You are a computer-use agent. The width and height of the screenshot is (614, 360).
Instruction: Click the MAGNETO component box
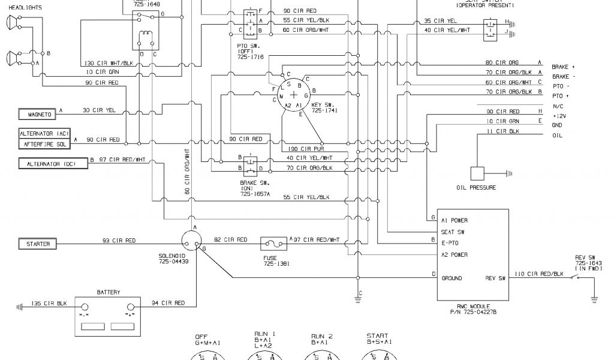(37, 113)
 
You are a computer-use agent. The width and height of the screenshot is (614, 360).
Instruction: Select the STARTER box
(38, 244)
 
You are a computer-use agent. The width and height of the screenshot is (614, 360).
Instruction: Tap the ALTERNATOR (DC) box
(53, 163)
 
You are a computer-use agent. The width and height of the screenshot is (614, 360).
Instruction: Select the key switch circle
(293, 95)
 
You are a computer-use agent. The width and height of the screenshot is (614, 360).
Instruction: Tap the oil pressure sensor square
(478, 174)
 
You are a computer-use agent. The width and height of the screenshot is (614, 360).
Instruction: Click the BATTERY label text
(108, 292)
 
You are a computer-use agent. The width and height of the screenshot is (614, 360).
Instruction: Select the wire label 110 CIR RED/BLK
(540, 274)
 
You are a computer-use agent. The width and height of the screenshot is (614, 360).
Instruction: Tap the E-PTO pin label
(450, 243)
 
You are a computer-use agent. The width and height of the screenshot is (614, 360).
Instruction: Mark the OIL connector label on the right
(557, 136)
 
